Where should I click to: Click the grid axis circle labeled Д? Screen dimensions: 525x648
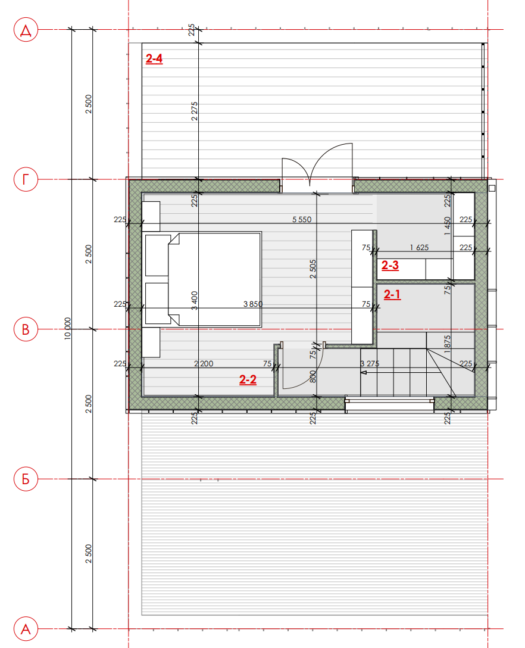(x=26, y=30)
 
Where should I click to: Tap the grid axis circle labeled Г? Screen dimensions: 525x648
(x=26, y=179)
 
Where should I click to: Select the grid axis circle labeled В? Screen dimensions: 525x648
(x=26, y=329)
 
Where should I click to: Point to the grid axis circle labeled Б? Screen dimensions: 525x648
(x=26, y=479)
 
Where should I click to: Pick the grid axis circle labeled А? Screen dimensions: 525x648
(x=26, y=629)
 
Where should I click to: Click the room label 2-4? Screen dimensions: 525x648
(x=154, y=59)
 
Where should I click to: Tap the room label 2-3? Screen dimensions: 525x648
(x=390, y=265)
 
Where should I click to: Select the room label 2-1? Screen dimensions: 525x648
(x=392, y=294)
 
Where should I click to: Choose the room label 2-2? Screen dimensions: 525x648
(x=248, y=379)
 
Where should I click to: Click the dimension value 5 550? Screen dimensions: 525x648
(x=302, y=219)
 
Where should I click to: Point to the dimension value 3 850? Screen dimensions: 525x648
(x=253, y=304)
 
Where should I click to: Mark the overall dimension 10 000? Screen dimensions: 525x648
(x=68, y=329)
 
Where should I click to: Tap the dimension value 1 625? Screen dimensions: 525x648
(x=419, y=248)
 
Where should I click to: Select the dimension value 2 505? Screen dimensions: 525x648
(x=312, y=269)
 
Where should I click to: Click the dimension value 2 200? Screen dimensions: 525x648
(x=204, y=364)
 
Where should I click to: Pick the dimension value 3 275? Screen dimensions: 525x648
(x=370, y=364)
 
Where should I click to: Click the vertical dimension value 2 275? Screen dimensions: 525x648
(x=194, y=111)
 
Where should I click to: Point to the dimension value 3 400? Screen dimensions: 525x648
(x=194, y=300)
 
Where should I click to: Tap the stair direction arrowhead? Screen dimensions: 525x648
(x=364, y=372)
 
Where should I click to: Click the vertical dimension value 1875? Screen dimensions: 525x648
(x=448, y=344)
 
